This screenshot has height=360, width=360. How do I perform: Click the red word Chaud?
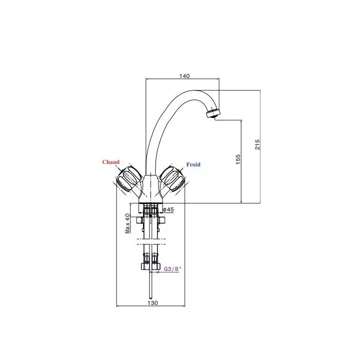pos(111,162)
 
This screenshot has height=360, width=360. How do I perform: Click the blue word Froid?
pos(193,164)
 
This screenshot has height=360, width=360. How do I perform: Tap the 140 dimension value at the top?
pos(184,76)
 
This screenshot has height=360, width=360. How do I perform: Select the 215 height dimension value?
pos(257,144)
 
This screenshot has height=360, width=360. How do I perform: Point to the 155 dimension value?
pos(238,159)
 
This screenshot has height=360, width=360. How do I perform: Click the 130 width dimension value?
pos(152,303)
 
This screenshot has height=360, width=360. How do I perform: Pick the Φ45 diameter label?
pos(168,209)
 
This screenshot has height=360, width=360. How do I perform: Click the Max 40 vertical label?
pos(127,223)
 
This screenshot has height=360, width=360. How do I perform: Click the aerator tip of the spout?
pos(213,114)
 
